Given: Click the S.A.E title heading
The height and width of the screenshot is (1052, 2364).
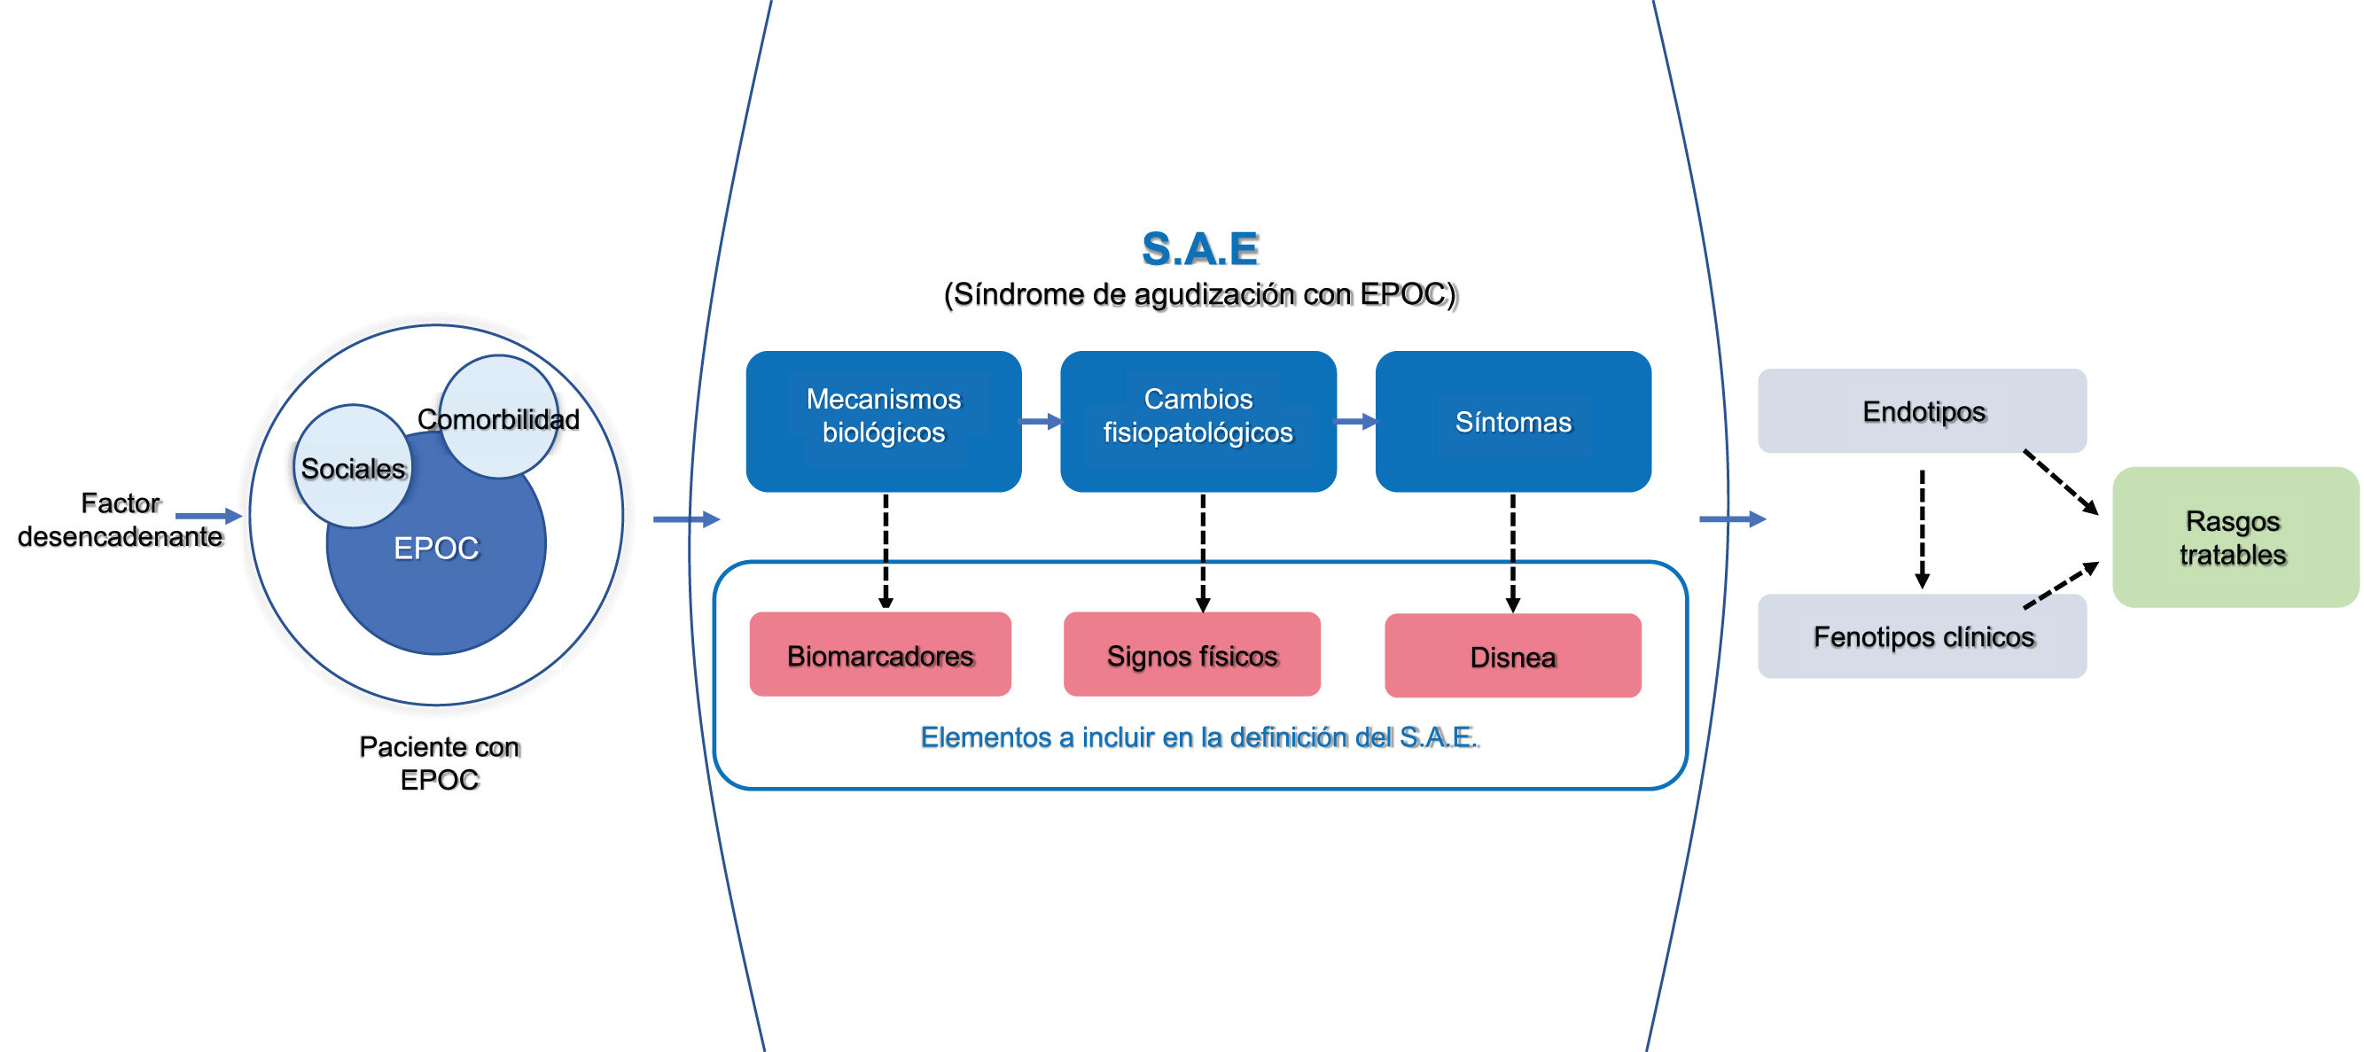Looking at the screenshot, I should [1199, 249].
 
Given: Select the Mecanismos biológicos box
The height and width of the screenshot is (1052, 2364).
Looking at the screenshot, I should [883, 420].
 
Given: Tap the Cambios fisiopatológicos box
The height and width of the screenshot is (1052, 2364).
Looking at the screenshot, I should [1198, 420].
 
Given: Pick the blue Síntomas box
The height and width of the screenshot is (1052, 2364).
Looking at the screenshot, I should [1512, 420].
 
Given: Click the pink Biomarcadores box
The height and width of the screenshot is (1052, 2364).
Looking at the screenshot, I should [880, 655].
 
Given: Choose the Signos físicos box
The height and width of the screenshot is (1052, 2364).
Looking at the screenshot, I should [1191, 655].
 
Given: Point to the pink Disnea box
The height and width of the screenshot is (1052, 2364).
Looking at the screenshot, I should [1512, 656].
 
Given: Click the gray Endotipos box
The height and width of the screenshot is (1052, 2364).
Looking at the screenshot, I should [1922, 410].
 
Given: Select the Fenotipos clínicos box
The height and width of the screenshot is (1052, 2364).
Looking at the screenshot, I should [1922, 636].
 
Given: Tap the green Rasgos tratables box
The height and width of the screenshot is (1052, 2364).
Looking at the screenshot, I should [2234, 537].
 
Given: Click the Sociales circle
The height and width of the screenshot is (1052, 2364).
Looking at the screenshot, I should [353, 466].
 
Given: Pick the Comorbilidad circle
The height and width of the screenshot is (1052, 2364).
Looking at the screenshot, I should [498, 417].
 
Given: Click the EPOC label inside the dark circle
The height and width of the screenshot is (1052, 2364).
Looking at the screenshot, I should [436, 548].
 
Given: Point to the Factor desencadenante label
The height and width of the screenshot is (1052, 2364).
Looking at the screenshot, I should [121, 519].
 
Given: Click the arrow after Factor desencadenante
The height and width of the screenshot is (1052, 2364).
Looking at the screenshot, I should [208, 516].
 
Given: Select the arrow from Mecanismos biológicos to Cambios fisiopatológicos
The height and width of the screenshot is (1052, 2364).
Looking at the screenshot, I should [1041, 421].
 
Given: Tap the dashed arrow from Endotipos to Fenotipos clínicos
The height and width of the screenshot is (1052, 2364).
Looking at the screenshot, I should [1922, 529].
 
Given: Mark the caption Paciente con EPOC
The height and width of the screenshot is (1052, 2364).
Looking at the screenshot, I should [439, 763].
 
